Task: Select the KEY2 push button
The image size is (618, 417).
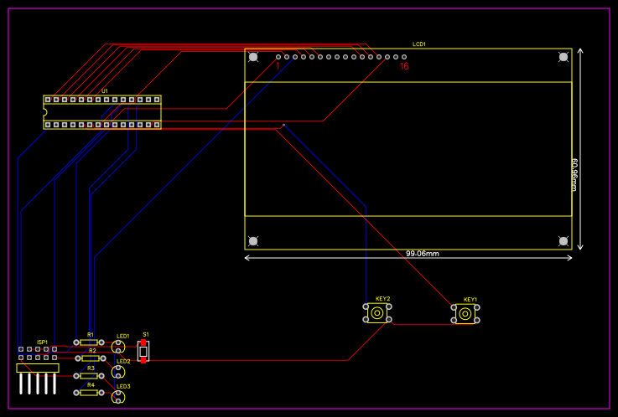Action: pyautogui.click(x=377, y=313)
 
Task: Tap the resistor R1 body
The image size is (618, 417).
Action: pyautogui.click(x=89, y=342)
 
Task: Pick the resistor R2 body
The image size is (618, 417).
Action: pyautogui.click(x=89, y=358)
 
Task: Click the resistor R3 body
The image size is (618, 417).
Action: pyautogui.click(x=89, y=376)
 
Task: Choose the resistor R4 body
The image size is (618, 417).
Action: pyautogui.click(x=89, y=393)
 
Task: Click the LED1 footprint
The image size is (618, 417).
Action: pyautogui.click(x=119, y=346)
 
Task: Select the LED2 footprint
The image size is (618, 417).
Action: pyautogui.click(x=119, y=371)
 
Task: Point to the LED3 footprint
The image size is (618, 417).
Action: pyautogui.click(x=119, y=396)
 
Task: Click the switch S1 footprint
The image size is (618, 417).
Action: pyautogui.click(x=143, y=351)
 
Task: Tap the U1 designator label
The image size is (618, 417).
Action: pyautogui.click(x=105, y=90)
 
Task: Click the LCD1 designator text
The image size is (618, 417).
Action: pyautogui.click(x=419, y=44)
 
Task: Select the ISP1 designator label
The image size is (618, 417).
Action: pyautogui.click(x=42, y=342)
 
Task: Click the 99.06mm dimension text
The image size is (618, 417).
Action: pyautogui.click(x=423, y=254)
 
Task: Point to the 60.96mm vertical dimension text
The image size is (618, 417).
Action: pyautogui.click(x=575, y=174)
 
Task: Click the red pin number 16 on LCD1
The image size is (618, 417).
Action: pyautogui.click(x=405, y=66)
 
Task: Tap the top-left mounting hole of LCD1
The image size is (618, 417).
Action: pyautogui.click(x=253, y=57)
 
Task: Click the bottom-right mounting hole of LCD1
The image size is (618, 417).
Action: pyautogui.click(x=563, y=241)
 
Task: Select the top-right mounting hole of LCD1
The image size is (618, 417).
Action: pyautogui.click(x=563, y=57)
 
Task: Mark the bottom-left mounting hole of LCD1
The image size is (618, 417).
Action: pyautogui.click(x=253, y=241)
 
